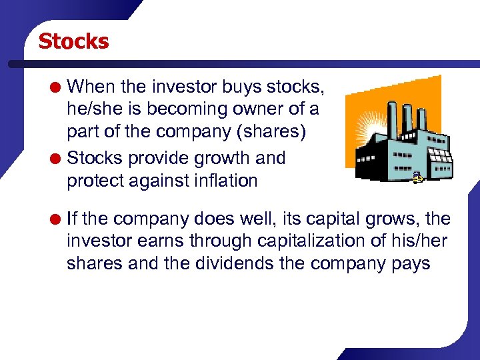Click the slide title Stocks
73,41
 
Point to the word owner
262,109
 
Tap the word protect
93,181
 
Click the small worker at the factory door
417,177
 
